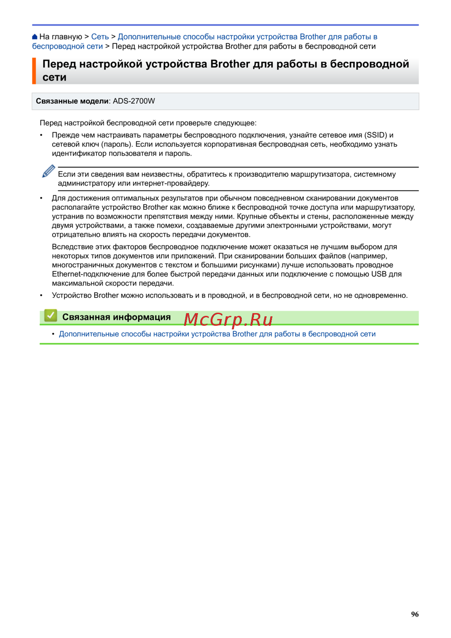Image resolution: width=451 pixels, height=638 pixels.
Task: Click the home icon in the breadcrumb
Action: pos(35,37)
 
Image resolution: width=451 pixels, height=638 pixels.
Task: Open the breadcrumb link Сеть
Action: pos(100,37)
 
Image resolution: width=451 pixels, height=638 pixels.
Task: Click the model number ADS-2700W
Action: pos(134,101)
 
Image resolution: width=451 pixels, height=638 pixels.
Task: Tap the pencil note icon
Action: pos(48,171)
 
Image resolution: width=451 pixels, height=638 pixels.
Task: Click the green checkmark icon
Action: pos(51,316)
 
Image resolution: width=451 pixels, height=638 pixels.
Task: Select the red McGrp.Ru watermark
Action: pos(228,319)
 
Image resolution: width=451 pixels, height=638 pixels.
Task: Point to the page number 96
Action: pos(414,614)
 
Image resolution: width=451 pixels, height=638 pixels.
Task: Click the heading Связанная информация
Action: pos(116,317)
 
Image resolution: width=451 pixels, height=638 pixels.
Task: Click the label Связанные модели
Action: pos(72,101)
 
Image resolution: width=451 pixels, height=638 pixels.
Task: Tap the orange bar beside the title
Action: pos(34,71)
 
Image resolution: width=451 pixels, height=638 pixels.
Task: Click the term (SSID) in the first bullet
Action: pos(376,135)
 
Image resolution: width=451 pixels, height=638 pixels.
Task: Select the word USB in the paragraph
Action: pos(378,274)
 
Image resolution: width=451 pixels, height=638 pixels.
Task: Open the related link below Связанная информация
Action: pos(217,334)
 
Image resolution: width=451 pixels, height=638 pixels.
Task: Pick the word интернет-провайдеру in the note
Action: pos(171,183)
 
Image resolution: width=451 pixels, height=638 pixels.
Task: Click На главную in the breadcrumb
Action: pos(60,37)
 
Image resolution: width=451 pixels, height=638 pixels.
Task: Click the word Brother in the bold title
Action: pos(230,64)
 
